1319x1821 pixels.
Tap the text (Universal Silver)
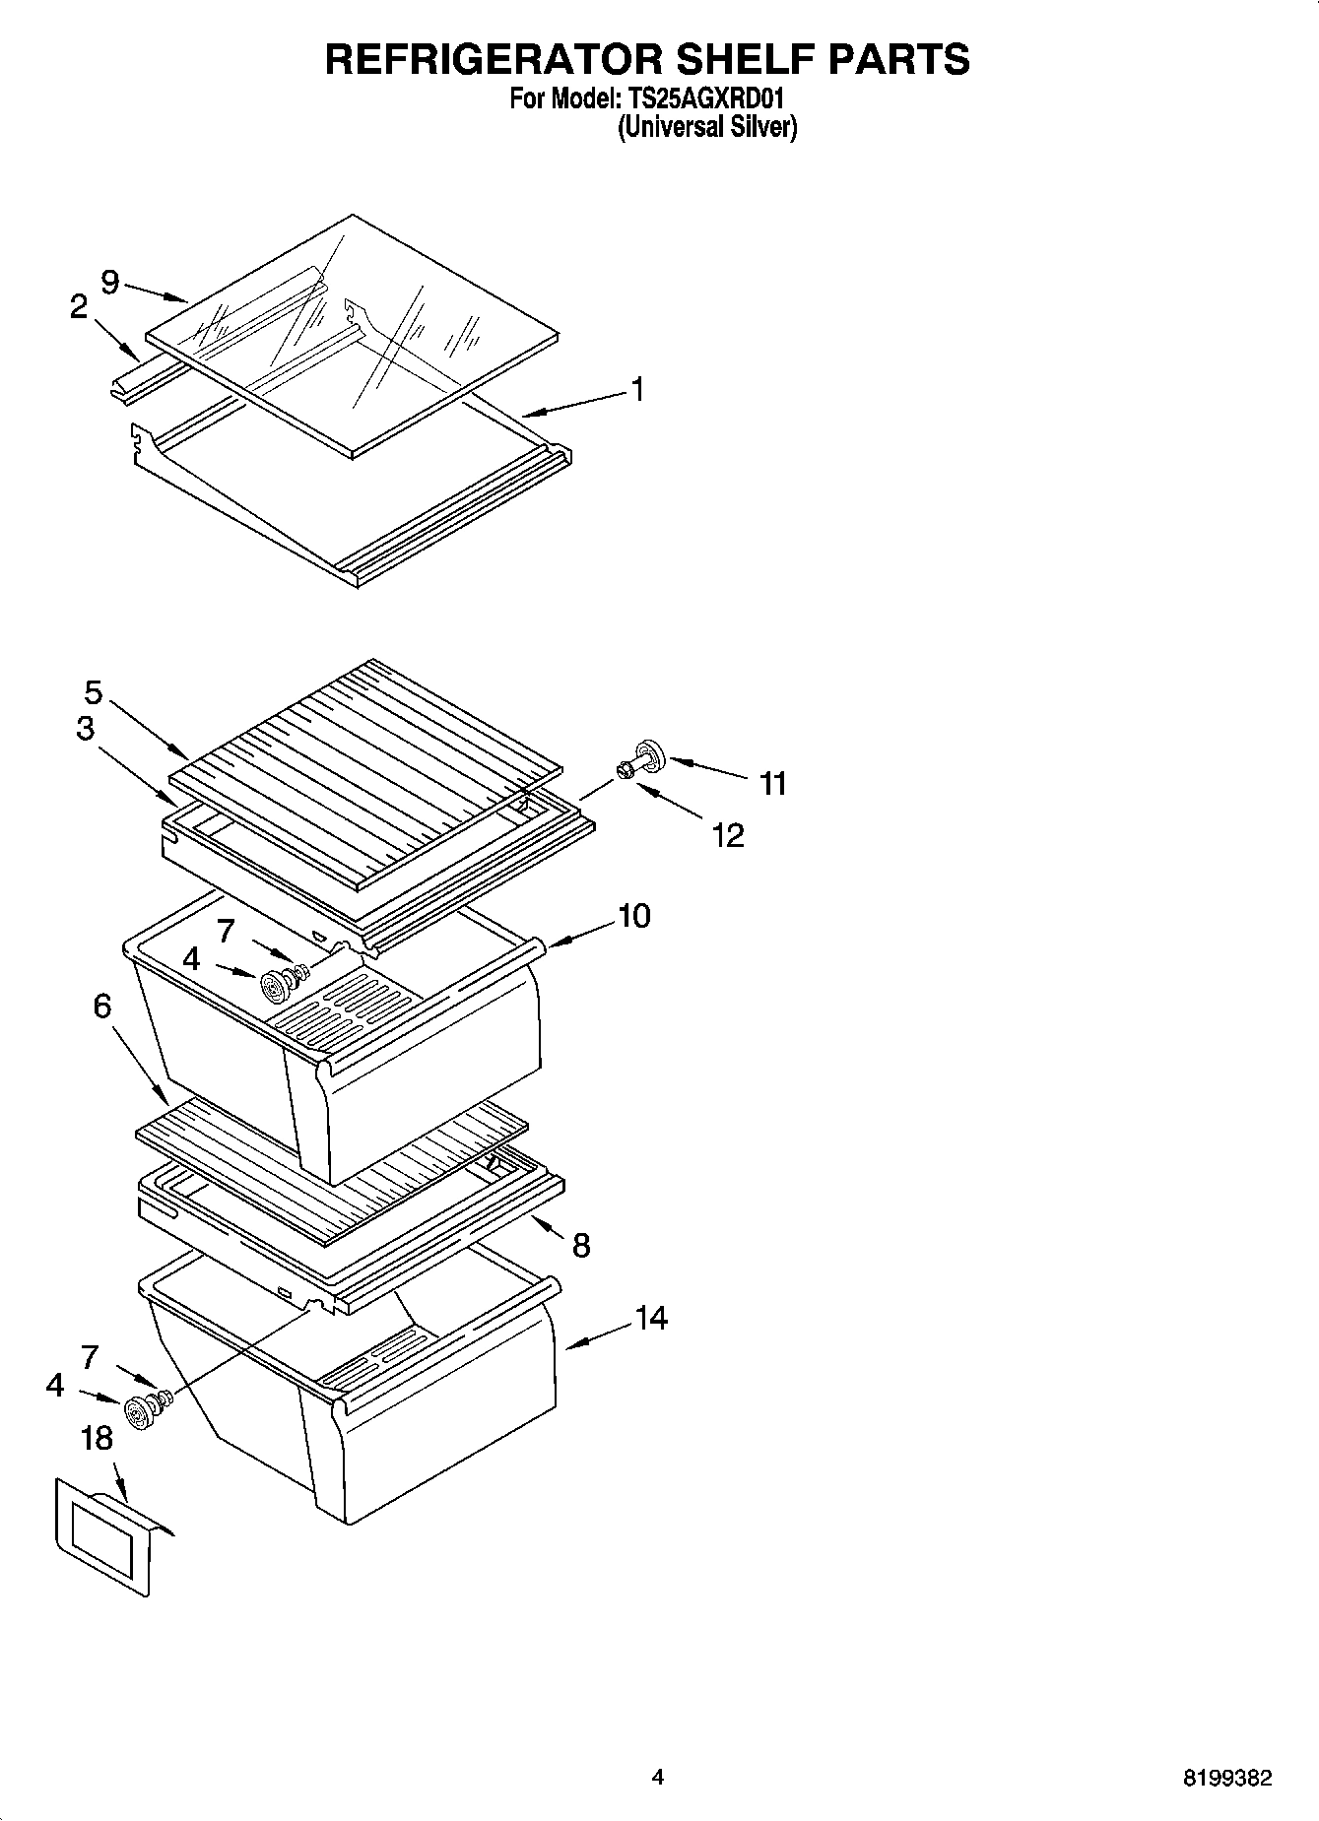click(x=706, y=127)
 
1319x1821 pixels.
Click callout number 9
click(x=109, y=283)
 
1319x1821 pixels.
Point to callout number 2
click(x=79, y=307)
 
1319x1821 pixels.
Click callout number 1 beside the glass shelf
click(x=637, y=390)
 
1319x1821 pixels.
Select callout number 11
click(x=773, y=784)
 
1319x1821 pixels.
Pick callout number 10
click(x=634, y=916)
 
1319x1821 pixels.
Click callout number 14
click(x=651, y=1318)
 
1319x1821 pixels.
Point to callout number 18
click(x=97, y=1439)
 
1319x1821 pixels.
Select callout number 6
click(x=102, y=1006)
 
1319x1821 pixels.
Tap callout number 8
click(x=581, y=1246)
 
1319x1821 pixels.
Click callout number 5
click(x=93, y=692)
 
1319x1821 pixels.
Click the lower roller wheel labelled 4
click(x=136, y=1412)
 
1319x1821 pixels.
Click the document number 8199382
click(x=1226, y=1779)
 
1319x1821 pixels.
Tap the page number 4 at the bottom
click(x=657, y=1778)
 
